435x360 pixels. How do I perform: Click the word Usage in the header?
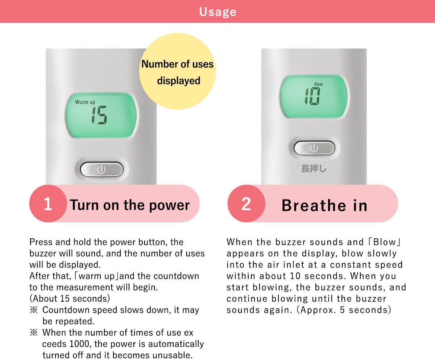(218, 12)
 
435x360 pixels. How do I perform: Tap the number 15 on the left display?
(99, 115)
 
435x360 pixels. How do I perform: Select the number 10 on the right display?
(312, 96)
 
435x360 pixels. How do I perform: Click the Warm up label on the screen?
(85, 102)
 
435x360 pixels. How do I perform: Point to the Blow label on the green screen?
(318, 84)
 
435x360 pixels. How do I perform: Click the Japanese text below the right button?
(314, 168)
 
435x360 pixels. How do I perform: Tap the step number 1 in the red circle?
(48, 204)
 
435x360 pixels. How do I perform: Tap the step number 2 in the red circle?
(246, 204)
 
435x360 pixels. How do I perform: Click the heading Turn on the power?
(129, 205)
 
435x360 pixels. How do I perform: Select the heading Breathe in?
(324, 205)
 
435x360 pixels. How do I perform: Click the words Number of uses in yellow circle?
(178, 64)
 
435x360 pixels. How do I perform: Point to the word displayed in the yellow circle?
(179, 80)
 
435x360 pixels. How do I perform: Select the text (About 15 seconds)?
(70, 298)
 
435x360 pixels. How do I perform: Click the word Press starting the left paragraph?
(41, 242)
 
